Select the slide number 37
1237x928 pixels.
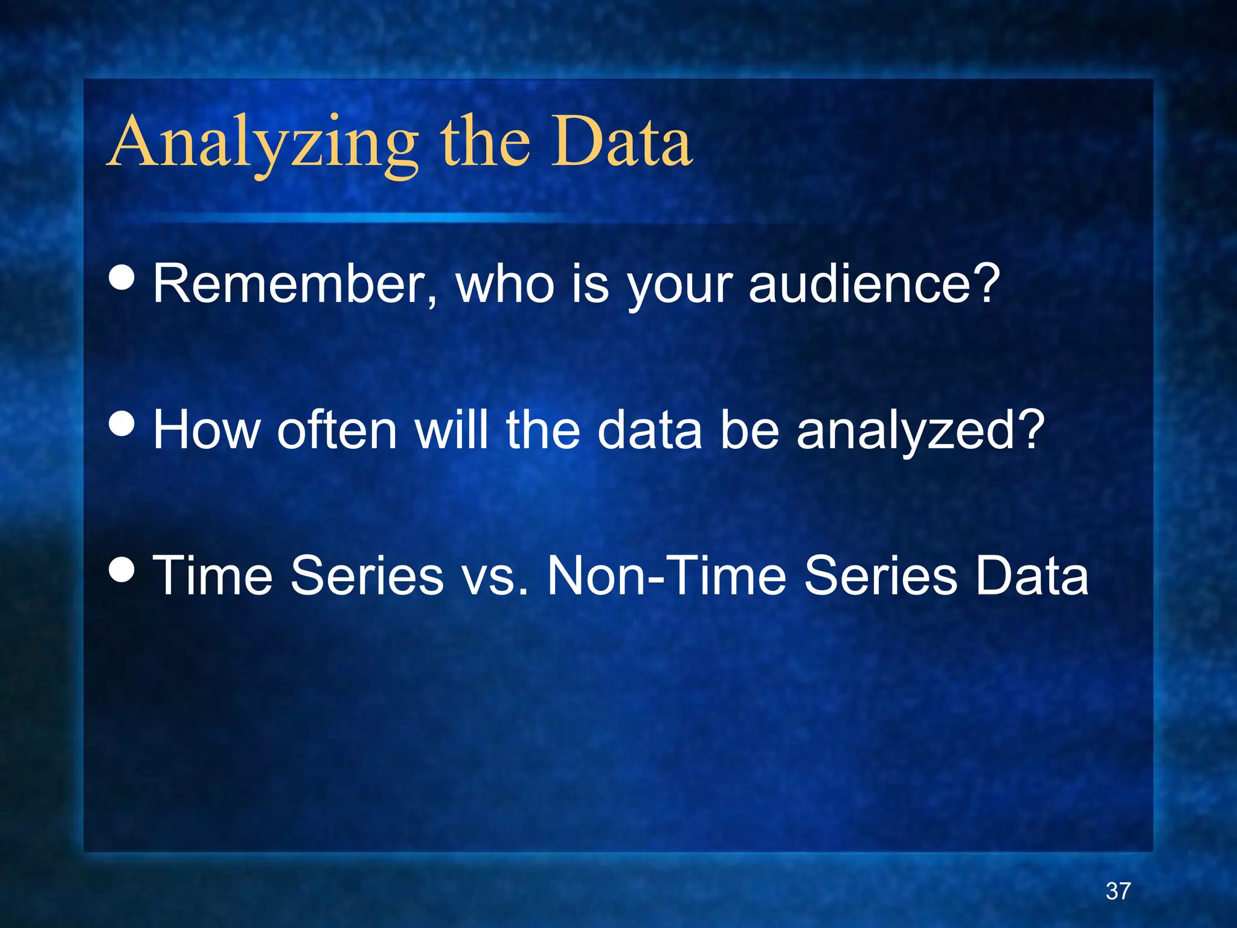click(1118, 891)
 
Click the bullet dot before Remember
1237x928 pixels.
click(123, 278)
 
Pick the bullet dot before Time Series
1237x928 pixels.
click(123, 569)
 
